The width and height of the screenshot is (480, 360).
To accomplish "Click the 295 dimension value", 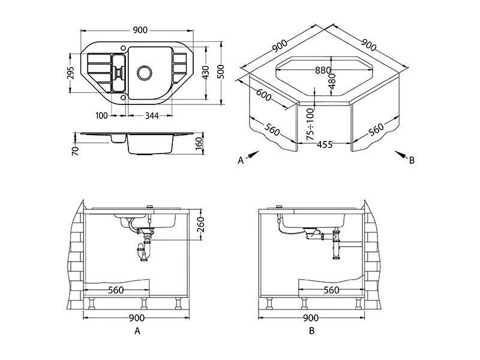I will (70, 73).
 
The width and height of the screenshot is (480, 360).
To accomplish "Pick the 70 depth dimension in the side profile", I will (75, 150).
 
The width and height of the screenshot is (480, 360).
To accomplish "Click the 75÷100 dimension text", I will (310, 124).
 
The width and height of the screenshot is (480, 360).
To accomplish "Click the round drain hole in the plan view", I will (145, 73).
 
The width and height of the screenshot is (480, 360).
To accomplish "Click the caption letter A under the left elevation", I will (137, 331).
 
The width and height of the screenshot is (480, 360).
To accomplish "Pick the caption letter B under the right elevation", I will (311, 331).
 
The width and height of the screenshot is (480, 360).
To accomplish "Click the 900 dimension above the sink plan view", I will (140, 31).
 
